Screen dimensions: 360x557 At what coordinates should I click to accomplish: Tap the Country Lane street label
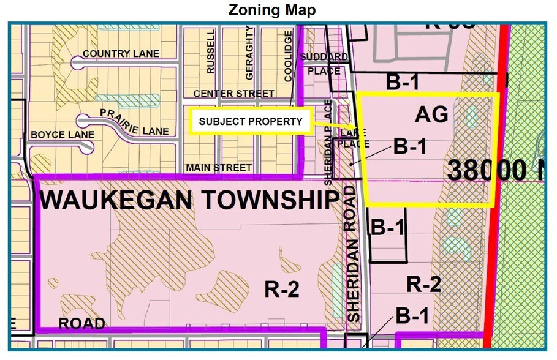click(x=121, y=54)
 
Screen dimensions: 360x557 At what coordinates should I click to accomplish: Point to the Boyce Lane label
click(x=63, y=135)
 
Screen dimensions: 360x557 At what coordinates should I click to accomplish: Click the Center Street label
click(x=233, y=94)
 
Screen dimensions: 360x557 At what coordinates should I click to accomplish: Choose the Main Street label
click(x=219, y=167)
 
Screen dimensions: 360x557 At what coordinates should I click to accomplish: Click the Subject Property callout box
click(x=250, y=121)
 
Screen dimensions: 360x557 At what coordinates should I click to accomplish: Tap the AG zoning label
click(x=432, y=114)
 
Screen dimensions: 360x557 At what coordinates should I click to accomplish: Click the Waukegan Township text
click(x=189, y=200)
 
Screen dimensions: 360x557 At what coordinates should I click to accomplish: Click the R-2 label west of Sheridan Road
click(x=282, y=289)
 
